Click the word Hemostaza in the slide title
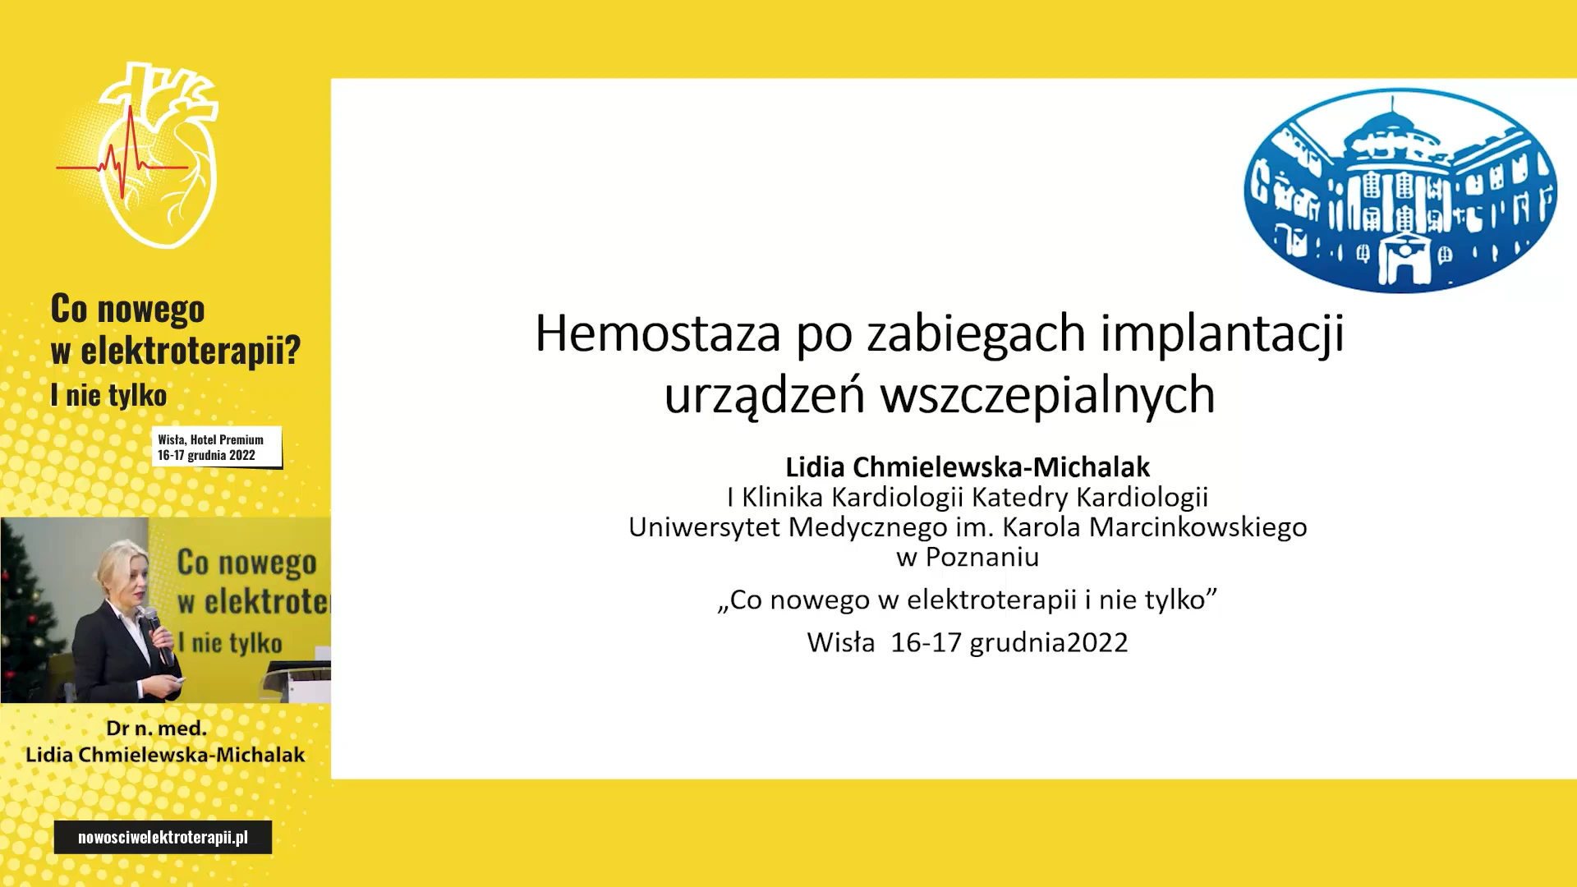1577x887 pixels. point(657,334)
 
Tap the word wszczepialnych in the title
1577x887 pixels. point(1047,396)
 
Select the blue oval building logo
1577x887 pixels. point(1400,190)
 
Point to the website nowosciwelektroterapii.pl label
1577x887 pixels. point(163,837)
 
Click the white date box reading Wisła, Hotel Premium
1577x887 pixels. point(217,448)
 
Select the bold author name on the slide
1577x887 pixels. point(968,466)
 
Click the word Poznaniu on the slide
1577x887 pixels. point(982,557)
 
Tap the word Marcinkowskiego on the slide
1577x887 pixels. point(1198,527)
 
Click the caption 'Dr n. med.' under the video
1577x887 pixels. point(156,728)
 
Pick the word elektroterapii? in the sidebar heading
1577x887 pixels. point(191,351)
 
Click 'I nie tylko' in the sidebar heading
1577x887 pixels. point(108,395)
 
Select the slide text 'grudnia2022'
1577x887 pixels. point(1049,643)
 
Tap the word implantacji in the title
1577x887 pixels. point(1222,334)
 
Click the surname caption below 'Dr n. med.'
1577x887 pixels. point(165,755)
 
